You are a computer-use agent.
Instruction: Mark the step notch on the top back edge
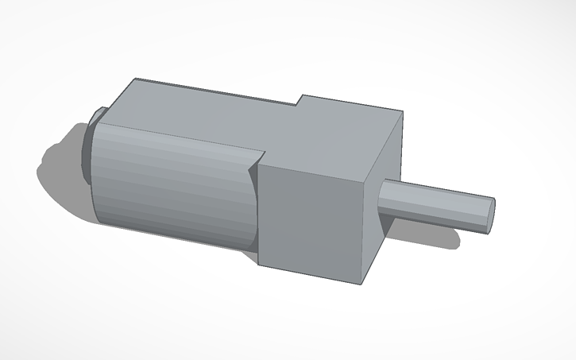pos(300,100)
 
